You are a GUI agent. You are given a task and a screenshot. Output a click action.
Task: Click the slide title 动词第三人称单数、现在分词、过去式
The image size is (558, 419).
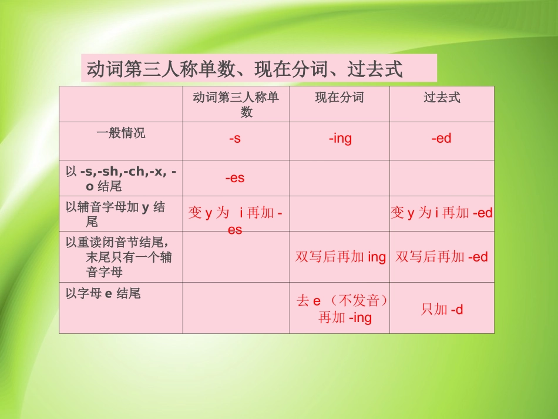[245, 69]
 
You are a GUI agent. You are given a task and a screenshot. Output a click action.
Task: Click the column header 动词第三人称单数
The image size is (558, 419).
[236, 104]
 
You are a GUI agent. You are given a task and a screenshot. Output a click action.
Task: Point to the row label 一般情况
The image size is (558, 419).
[120, 133]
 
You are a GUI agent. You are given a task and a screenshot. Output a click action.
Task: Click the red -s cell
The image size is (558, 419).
[235, 139]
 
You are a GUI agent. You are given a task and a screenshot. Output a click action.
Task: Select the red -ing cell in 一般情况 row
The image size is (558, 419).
[340, 139]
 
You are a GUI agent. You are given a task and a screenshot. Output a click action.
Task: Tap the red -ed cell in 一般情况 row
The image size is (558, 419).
[441, 139]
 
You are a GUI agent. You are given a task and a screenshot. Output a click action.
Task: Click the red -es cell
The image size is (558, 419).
[235, 177]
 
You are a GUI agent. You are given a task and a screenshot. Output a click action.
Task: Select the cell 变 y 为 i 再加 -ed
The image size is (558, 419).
[442, 213]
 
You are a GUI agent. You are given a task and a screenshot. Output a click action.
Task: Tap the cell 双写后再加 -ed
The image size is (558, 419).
[442, 257]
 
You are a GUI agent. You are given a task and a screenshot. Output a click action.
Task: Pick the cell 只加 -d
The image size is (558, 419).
[442, 309]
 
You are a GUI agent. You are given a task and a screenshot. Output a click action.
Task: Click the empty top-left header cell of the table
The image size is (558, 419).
[120, 104]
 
